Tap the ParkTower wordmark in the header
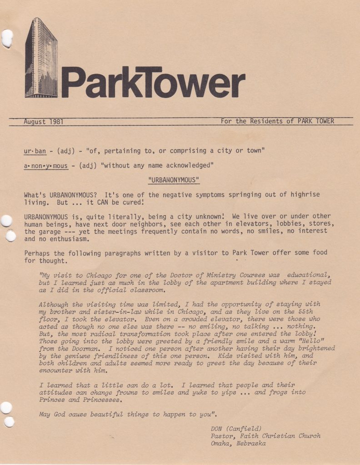[x=153, y=83]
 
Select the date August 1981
[x=43, y=122]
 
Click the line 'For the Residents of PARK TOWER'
[x=277, y=121]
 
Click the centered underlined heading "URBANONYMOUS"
[x=174, y=180]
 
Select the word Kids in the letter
[x=226, y=356]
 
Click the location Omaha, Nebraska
[x=238, y=443]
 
